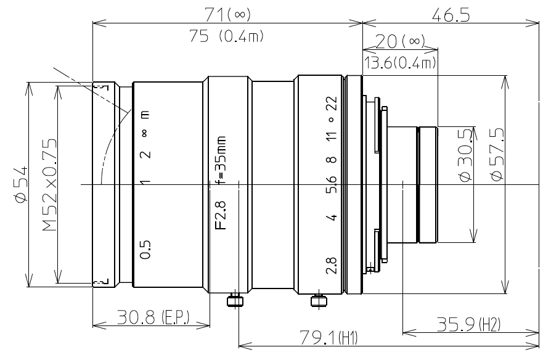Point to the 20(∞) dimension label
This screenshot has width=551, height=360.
coord(400,42)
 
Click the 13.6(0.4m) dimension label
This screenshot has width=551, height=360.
coord(400,62)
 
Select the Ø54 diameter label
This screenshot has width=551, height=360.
coord(20,184)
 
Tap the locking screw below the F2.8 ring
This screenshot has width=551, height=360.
coord(234,300)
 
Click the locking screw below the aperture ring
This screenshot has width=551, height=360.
coord(318,300)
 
